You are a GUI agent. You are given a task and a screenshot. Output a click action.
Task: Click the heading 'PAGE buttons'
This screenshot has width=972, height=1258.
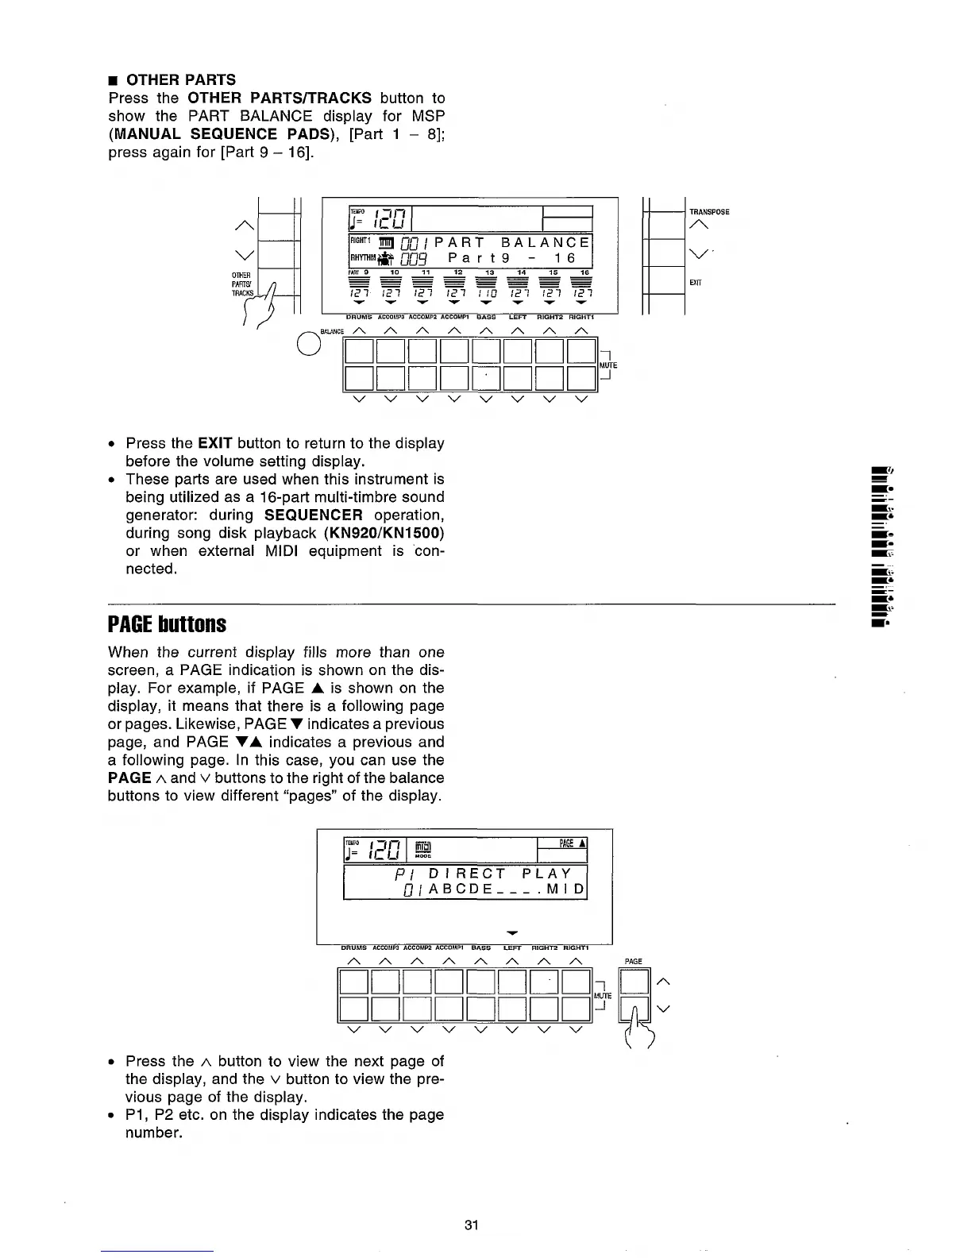[167, 624]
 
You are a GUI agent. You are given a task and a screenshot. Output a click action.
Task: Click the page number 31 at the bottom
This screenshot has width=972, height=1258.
[471, 1225]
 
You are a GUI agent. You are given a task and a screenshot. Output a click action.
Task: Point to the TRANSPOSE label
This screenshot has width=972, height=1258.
[709, 212]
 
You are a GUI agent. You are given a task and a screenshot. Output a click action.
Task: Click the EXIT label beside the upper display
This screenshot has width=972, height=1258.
[695, 282]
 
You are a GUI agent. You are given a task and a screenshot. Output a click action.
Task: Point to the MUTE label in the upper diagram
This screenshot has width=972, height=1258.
[607, 365]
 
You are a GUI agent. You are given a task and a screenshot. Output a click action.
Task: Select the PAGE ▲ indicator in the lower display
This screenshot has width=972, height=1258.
[573, 843]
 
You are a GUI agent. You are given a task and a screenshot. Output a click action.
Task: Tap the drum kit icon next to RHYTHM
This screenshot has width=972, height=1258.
[386, 258]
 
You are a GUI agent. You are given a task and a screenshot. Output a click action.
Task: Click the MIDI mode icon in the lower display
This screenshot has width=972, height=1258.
[423, 849]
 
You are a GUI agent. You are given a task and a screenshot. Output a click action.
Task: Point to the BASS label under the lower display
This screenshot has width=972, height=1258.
[480, 947]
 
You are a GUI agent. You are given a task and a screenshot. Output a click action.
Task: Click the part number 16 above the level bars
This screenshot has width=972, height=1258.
[584, 272]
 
